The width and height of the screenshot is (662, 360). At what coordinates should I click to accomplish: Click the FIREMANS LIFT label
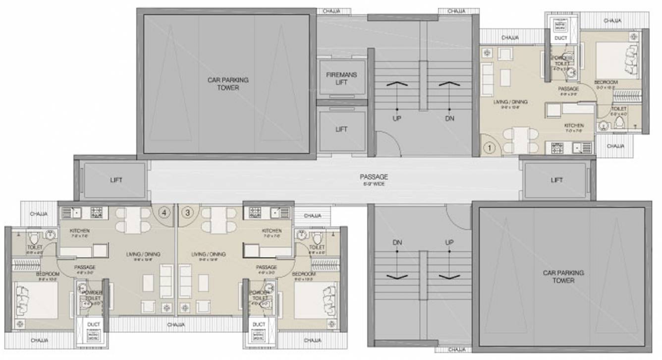click(341, 78)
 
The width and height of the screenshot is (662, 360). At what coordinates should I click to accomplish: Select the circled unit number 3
click(187, 212)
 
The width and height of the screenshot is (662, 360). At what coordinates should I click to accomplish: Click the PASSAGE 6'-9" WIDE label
click(374, 180)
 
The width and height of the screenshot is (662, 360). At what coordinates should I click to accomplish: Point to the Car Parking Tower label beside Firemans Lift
click(228, 83)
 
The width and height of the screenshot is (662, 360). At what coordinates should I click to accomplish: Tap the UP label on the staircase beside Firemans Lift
click(397, 119)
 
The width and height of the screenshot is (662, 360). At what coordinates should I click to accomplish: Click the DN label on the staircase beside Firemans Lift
click(449, 119)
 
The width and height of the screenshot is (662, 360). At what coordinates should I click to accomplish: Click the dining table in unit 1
click(518, 140)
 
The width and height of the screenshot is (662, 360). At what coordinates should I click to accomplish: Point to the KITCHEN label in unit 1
click(574, 126)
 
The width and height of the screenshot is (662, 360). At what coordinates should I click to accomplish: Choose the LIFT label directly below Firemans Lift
click(341, 129)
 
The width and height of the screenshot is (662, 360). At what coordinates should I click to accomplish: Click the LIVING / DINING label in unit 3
click(209, 254)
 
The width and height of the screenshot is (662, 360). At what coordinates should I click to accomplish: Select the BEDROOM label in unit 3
click(304, 274)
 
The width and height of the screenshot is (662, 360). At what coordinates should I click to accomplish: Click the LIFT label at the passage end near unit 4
click(116, 180)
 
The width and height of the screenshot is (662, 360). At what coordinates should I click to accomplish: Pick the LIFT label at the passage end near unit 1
click(556, 180)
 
